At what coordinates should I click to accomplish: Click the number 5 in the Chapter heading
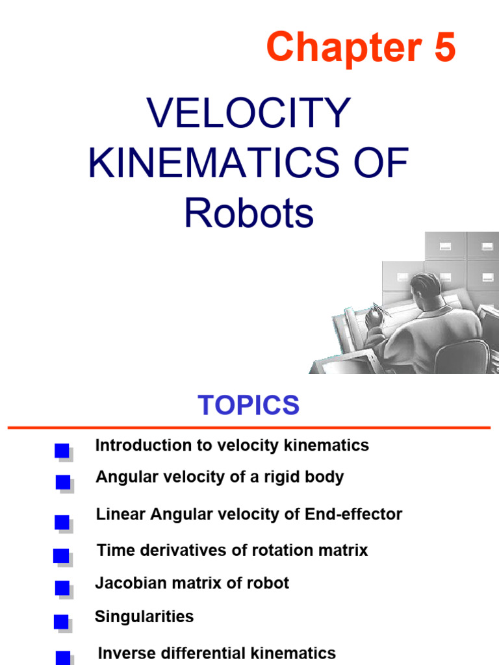[443, 48]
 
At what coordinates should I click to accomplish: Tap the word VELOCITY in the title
[249, 114]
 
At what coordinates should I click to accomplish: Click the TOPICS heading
[249, 405]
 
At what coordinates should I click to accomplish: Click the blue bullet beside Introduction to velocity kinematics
[62, 451]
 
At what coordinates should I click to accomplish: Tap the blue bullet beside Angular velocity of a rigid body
[62, 482]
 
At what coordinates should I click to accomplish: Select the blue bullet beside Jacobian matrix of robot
[62, 588]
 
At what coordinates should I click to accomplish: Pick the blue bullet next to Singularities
[62, 622]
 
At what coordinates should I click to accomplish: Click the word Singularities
[144, 616]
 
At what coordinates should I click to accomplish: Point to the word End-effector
[353, 514]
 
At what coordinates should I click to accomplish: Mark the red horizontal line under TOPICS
[249, 427]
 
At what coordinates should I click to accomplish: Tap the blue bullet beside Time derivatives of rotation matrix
[61, 556]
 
